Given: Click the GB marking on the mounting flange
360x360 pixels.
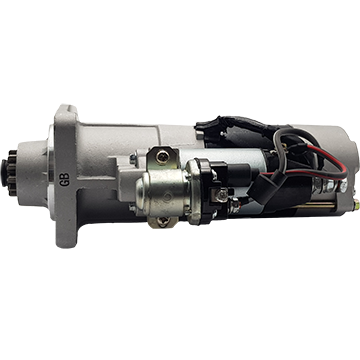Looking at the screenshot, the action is coord(64,179).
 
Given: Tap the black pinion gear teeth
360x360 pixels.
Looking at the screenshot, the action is coord(13,173).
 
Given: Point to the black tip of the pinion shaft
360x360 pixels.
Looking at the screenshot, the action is coord(4,173).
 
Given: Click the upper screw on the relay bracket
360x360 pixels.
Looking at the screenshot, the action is coord(162,156).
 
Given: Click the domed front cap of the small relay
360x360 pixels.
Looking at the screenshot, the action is coord(142,192).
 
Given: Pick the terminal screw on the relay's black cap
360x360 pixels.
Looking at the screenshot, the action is coord(222,195).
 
